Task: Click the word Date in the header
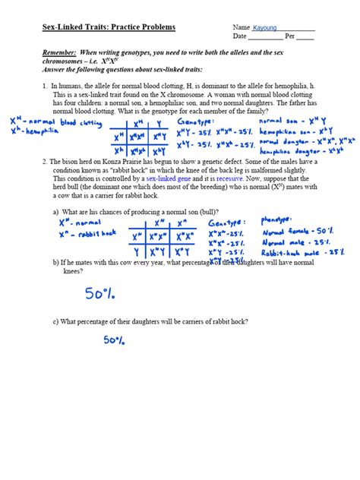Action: pyautogui.click(x=240, y=36)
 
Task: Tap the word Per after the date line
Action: pyautogui.click(x=289, y=36)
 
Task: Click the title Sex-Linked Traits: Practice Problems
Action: pyautogui.click(x=109, y=27)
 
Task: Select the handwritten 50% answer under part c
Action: pyautogui.click(x=115, y=341)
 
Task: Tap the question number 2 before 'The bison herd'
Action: pyautogui.click(x=45, y=162)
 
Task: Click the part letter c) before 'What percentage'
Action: pyautogui.click(x=55, y=321)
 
